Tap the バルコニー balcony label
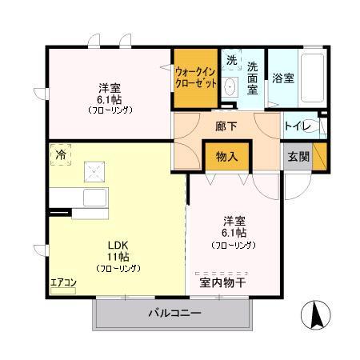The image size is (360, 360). click(x=174, y=312)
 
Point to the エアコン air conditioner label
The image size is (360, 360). click(x=62, y=282)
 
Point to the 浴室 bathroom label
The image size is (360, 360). click(x=283, y=78)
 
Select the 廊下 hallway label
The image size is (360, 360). click(x=227, y=126)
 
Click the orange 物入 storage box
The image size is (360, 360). click(x=227, y=157)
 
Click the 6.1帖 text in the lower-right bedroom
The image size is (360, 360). click(x=234, y=233)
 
